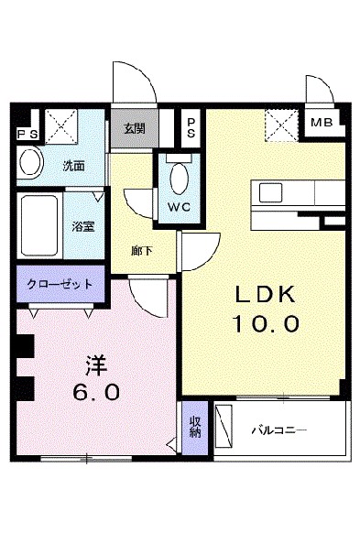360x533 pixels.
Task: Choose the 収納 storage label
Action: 194,427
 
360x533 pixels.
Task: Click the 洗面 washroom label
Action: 72,168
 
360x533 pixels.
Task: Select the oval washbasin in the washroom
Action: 31,165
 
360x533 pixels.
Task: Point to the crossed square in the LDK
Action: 279,124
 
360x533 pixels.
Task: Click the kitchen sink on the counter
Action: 271,192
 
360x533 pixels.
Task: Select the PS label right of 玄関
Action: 190,125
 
